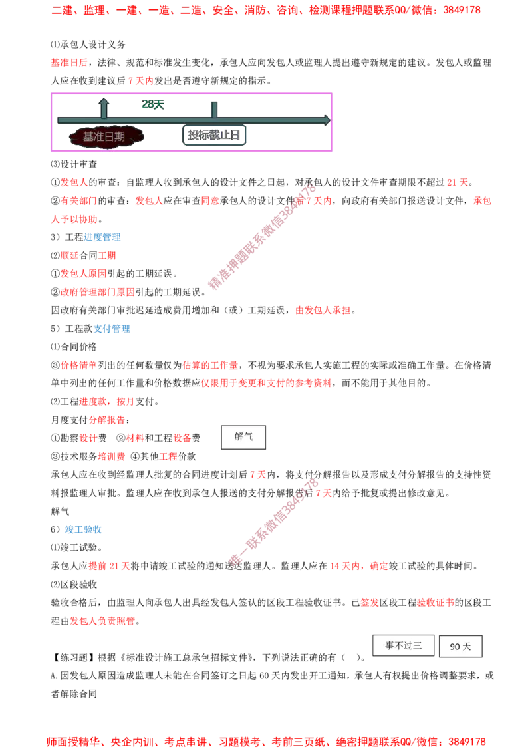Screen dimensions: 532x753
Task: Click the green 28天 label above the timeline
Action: coord(153,104)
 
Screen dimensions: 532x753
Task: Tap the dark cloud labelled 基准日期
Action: coord(105,136)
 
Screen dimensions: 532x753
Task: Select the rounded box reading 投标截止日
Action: coord(214,135)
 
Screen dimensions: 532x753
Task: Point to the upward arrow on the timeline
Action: coord(104,108)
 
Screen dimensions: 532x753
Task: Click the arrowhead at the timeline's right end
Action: coord(327,120)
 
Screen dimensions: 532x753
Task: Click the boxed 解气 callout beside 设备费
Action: coord(243,437)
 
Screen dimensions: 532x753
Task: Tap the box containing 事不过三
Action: coord(403,645)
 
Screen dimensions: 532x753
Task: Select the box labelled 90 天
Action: coord(460,647)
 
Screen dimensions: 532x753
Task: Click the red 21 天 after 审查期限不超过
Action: coord(458,182)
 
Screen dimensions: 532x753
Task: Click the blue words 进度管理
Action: coord(102,237)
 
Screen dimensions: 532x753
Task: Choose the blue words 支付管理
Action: coord(112,329)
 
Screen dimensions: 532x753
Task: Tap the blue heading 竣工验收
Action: coord(84,529)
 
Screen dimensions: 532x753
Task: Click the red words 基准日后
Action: coord(70,63)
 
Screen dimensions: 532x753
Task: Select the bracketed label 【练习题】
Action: coord(74,657)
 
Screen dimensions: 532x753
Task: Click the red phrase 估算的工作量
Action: coord(210,365)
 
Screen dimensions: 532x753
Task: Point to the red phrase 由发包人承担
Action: coord(323,310)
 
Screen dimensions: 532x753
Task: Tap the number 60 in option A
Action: coord(264,676)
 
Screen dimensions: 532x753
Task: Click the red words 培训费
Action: coord(112,456)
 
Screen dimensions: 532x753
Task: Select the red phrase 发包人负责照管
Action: coord(103,621)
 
